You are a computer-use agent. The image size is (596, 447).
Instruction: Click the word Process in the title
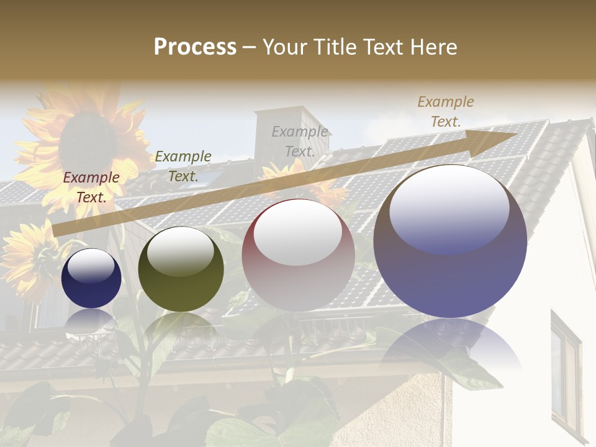(195, 47)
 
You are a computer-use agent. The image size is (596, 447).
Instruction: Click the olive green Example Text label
(183, 166)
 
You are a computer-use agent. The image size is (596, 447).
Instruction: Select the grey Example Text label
(300, 141)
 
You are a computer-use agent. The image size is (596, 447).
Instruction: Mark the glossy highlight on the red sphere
(298, 233)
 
